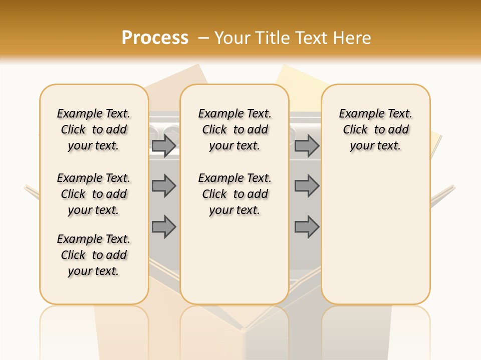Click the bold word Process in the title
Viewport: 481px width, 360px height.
point(155,38)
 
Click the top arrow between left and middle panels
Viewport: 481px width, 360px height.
point(164,145)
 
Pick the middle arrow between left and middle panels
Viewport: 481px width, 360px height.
point(164,186)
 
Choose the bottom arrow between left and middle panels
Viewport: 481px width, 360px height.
point(164,226)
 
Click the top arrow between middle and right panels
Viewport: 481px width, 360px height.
point(307,145)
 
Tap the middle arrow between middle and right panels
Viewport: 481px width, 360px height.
point(307,186)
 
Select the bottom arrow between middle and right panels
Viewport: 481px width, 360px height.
point(307,226)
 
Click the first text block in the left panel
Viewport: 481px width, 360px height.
point(94,129)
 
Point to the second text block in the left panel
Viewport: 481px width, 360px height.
point(94,194)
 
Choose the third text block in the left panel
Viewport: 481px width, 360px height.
point(94,255)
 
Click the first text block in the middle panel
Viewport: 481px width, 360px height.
point(234,129)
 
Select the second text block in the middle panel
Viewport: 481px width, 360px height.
point(234,194)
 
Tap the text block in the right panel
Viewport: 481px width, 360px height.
point(375,129)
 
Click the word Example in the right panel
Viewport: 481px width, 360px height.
point(357,114)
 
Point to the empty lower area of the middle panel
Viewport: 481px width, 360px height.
point(234,260)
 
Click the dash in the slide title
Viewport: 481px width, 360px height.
point(203,38)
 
